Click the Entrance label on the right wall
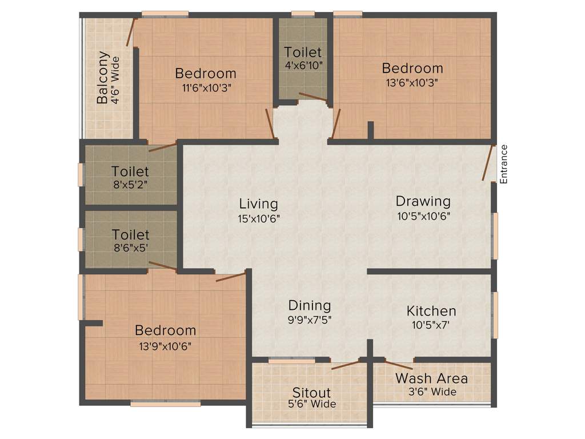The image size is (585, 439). click(503, 164)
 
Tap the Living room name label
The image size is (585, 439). click(258, 203)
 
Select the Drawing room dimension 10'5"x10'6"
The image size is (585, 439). click(423, 216)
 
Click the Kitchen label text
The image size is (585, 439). click(431, 311)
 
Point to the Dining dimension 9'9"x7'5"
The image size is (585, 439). click(309, 320)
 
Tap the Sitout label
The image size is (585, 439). click(311, 393)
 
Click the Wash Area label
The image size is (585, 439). click(431, 378)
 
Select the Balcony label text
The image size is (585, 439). click(103, 78)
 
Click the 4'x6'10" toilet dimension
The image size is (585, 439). click(303, 65)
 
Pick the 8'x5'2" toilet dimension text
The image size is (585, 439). click(130, 184)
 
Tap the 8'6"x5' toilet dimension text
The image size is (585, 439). click(131, 248)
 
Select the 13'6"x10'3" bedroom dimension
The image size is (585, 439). click(412, 82)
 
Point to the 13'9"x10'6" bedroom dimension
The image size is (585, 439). click(165, 345)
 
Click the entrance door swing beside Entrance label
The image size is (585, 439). click(488, 163)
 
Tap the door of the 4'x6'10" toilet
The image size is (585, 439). click(312, 97)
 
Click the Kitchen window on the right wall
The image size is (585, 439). click(495, 314)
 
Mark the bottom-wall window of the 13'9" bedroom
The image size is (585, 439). click(165, 404)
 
